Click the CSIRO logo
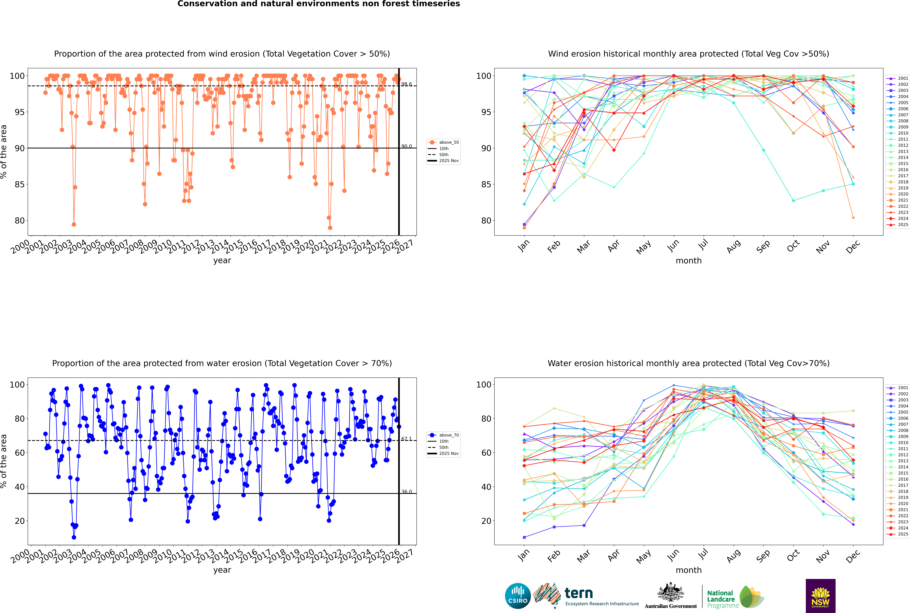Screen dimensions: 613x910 (x=518, y=596)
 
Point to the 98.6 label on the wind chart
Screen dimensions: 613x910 (x=407, y=84)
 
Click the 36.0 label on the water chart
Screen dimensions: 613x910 (x=407, y=492)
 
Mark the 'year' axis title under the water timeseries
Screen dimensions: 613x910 (x=222, y=570)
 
